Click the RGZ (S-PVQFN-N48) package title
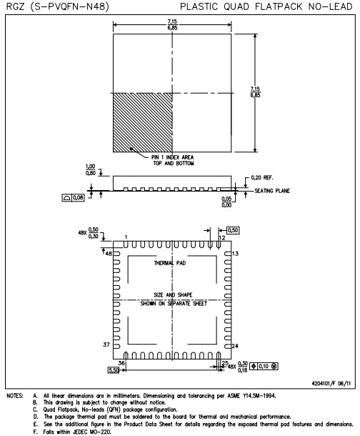(57, 6)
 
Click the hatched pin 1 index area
(143, 123)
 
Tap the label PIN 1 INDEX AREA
(173, 157)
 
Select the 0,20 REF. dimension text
(262, 178)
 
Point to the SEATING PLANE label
(272, 191)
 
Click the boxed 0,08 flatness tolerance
(73, 198)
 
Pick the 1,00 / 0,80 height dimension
(91, 169)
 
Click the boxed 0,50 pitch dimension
(233, 230)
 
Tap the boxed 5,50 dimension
(114, 370)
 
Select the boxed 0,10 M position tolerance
(264, 366)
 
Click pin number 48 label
(109, 254)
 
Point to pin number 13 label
(235, 254)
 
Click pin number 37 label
(106, 345)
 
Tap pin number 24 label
(235, 346)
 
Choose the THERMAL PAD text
(170, 263)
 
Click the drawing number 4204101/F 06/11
(331, 383)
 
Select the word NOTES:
(15, 396)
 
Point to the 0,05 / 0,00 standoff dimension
(226, 202)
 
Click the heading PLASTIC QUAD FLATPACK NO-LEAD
(266, 6)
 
